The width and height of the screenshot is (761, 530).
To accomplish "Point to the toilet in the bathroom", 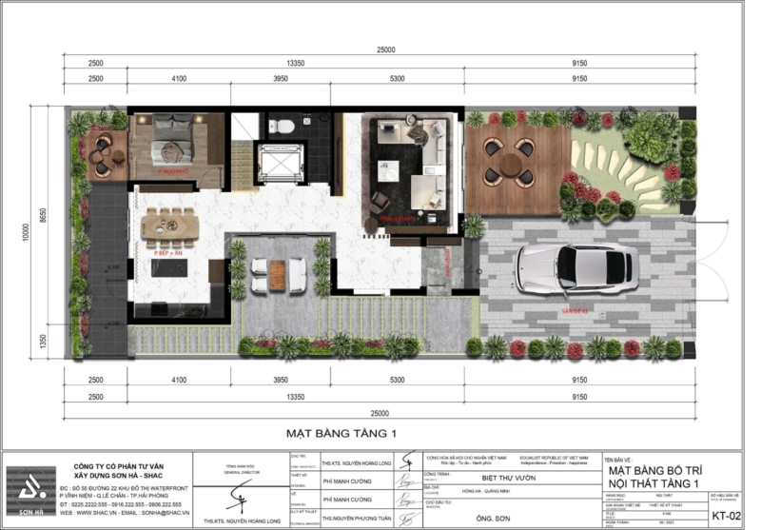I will pos(283,128).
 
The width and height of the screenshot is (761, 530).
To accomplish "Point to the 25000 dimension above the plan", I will pos(384,49).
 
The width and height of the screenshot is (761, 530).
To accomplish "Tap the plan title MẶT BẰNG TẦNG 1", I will pos(340,433).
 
